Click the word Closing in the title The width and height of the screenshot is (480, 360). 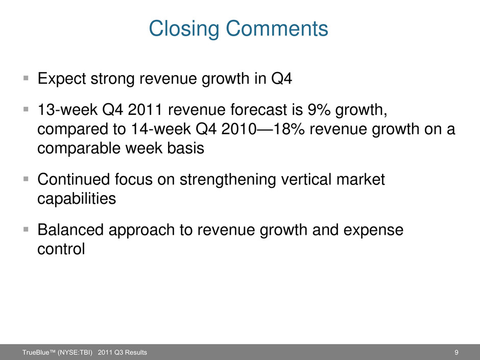pyautogui.click(x=184, y=29)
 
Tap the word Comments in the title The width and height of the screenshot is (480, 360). pyautogui.click(x=277, y=28)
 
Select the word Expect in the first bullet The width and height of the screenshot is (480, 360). pyautogui.click(x=61, y=79)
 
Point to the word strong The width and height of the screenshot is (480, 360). pyautogui.click(x=112, y=79)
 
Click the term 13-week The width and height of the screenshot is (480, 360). pyautogui.click(x=67, y=110)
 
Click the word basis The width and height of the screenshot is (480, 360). pyautogui.click(x=185, y=148)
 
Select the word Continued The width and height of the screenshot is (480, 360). pyautogui.click(x=74, y=179)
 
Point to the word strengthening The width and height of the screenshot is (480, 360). pyautogui.click(x=228, y=180)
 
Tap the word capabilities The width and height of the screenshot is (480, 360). pyautogui.click(x=77, y=199)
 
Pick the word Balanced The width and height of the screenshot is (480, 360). pyautogui.click(x=70, y=230)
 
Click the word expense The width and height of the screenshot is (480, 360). pyautogui.click(x=373, y=230)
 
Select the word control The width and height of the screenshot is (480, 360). pyautogui.click(x=61, y=249)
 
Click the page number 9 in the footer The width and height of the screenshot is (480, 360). pyautogui.click(x=457, y=352)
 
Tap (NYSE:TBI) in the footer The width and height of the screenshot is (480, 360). pyautogui.click(x=75, y=352)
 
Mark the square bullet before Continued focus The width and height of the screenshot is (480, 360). pyautogui.click(x=26, y=179)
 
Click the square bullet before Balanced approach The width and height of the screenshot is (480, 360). pyautogui.click(x=26, y=229)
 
